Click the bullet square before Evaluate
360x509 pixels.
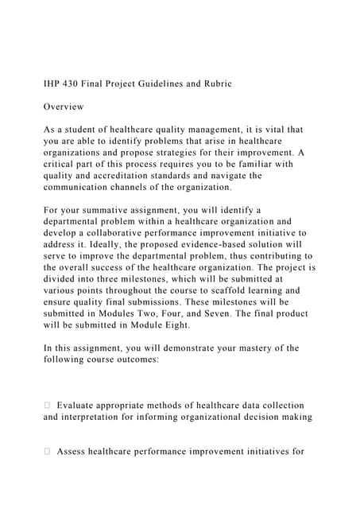tap(48, 406)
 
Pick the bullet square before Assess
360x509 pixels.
tap(48, 453)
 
